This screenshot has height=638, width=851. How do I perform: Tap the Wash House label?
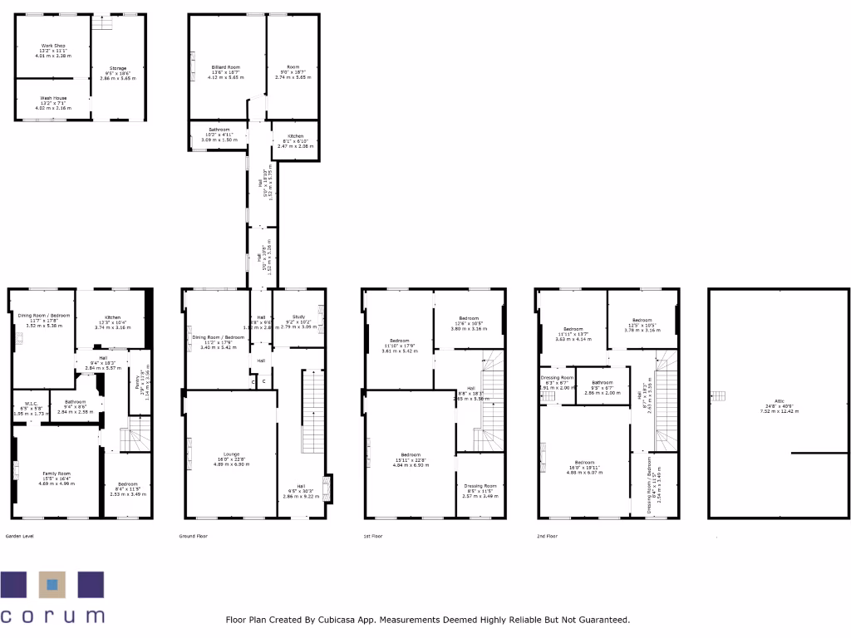tap(53, 99)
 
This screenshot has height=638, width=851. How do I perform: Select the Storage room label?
tap(117, 69)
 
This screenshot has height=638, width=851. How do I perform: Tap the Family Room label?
tap(57, 474)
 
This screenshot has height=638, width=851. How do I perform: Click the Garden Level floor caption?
tap(21, 537)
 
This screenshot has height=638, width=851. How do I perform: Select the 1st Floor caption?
tap(372, 537)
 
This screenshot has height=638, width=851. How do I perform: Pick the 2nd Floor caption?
tap(547, 537)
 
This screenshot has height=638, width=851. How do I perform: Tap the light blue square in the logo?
tap(52, 585)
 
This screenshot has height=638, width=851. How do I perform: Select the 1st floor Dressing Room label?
tap(480, 486)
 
